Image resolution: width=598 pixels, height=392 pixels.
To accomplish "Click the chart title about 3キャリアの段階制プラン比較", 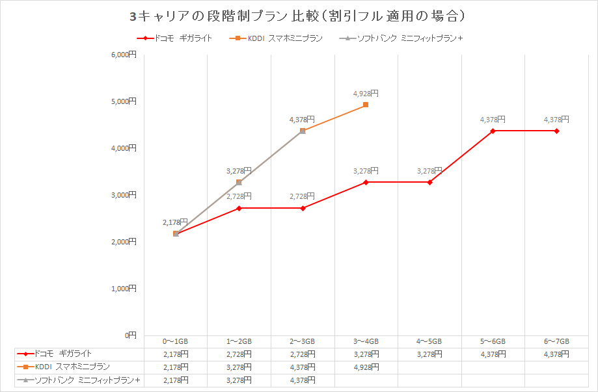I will [299, 14].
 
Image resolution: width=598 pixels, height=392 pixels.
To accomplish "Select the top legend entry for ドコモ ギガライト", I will [174, 38].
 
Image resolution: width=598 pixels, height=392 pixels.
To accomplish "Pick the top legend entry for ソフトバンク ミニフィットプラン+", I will [401, 38].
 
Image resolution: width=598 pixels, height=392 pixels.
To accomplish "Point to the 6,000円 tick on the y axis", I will [124, 55].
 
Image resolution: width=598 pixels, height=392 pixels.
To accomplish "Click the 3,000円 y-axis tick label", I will [124, 195].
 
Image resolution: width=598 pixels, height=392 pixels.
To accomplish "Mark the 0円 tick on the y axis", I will [130, 335].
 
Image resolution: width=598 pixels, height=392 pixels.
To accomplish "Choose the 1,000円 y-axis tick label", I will [124, 289].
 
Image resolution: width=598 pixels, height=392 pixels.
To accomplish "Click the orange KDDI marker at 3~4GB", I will [366, 105].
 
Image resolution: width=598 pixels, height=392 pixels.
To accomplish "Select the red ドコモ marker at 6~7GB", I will [556, 131].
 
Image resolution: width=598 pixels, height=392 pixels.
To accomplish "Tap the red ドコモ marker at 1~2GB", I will [239, 208].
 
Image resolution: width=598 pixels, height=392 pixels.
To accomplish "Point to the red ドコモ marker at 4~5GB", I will [429, 182].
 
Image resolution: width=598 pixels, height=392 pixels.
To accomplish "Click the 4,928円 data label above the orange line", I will [365, 94].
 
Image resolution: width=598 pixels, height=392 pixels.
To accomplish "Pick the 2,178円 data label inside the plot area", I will [175, 222].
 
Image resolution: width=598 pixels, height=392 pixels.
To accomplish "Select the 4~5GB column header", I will [429, 341].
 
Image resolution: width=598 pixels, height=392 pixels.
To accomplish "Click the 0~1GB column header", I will [175, 341].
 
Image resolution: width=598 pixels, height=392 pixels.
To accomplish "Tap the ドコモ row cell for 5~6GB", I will [493, 354].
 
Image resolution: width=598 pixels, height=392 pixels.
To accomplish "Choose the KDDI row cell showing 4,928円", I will [366, 367].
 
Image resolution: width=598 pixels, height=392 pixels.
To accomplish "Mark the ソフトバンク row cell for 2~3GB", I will [302, 380].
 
